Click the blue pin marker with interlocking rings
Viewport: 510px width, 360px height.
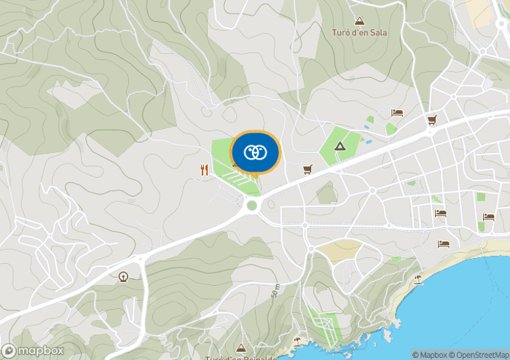click(254, 152)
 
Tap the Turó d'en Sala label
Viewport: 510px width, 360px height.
click(359, 33)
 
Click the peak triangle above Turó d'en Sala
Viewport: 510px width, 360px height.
click(358, 21)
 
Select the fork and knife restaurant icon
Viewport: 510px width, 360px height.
click(203, 170)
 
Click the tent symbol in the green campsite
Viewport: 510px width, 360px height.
click(340, 146)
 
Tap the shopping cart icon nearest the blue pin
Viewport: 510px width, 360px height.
click(307, 169)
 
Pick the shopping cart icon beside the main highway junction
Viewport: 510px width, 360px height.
click(431, 120)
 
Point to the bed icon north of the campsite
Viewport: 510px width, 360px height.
click(397, 112)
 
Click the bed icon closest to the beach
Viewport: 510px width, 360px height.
click(443, 244)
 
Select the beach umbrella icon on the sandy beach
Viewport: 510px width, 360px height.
click(417, 278)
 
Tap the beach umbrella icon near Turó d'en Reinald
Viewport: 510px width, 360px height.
click(297, 340)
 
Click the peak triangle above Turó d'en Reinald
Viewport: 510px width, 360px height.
click(241, 348)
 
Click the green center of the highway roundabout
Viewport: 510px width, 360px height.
click(252, 205)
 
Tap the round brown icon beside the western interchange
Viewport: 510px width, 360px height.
click(122, 276)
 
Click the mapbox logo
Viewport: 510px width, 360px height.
click(33, 351)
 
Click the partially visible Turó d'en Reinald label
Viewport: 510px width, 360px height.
click(240, 357)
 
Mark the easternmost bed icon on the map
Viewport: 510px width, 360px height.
click(487, 216)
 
